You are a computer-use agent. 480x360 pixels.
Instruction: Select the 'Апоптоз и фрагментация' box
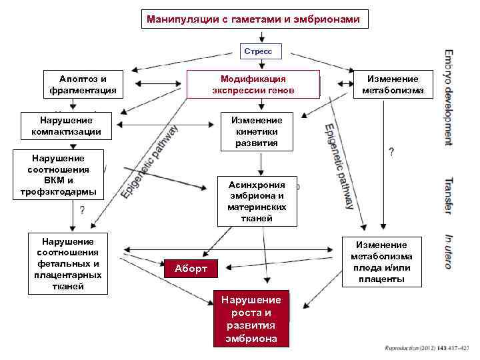pos(83,85)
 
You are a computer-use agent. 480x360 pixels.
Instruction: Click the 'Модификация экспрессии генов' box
pos(253,85)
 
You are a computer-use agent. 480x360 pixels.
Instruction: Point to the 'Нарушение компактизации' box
pos(61,126)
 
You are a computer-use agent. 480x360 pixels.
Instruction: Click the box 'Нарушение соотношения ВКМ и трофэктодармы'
pos(59,175)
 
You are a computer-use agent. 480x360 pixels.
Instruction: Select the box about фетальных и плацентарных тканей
pos(67,263)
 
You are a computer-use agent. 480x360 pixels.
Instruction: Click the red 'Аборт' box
pos(191,269)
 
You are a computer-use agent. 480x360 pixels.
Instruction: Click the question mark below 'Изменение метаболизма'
pos(391,153)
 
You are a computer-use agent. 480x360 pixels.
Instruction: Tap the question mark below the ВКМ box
pos(81,211)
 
